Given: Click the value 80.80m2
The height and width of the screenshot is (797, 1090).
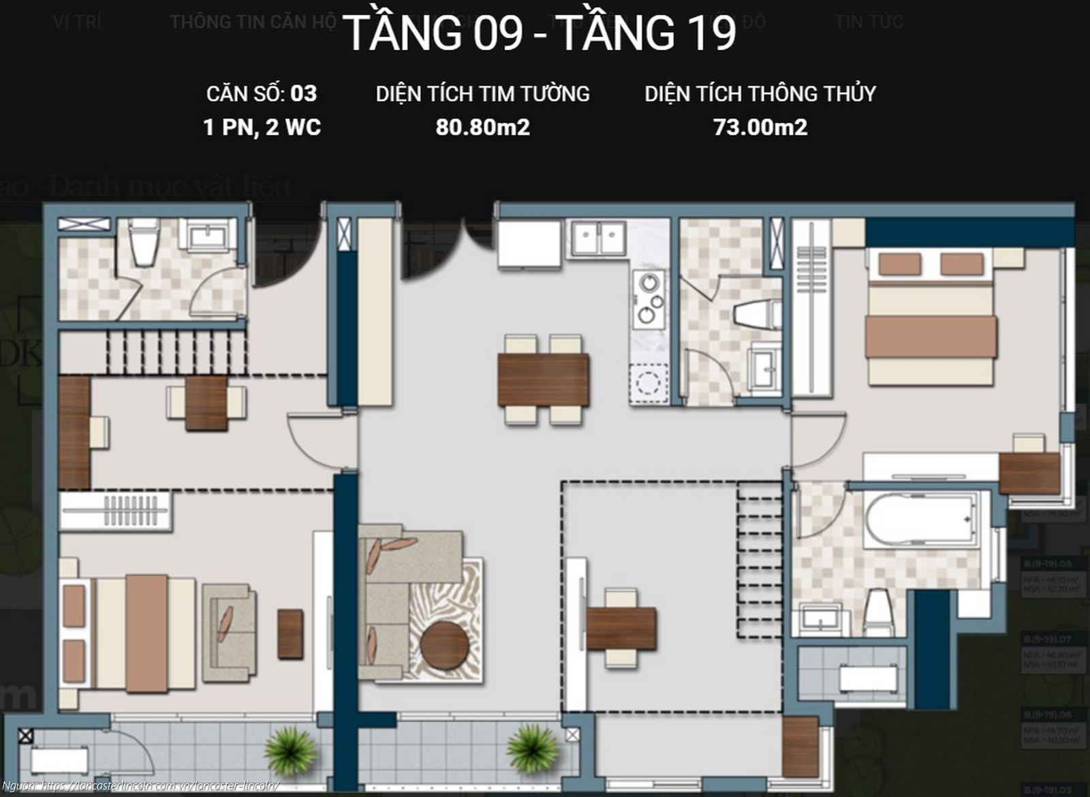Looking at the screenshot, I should click(482, 127).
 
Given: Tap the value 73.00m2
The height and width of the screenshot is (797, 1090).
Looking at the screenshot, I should click(760, 127).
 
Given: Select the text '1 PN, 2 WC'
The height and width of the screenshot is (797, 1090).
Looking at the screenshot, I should click(262, 127).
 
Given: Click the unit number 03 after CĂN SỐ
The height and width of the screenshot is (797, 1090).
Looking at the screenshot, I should click(303, 93).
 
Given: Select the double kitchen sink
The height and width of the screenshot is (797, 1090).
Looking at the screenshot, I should click(598, 238).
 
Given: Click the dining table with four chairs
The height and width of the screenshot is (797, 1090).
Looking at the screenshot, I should click(544, 380).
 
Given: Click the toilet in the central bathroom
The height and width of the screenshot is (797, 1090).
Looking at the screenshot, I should click(758, 315).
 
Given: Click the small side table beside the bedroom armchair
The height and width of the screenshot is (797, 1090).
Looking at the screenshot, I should click(290, 634).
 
